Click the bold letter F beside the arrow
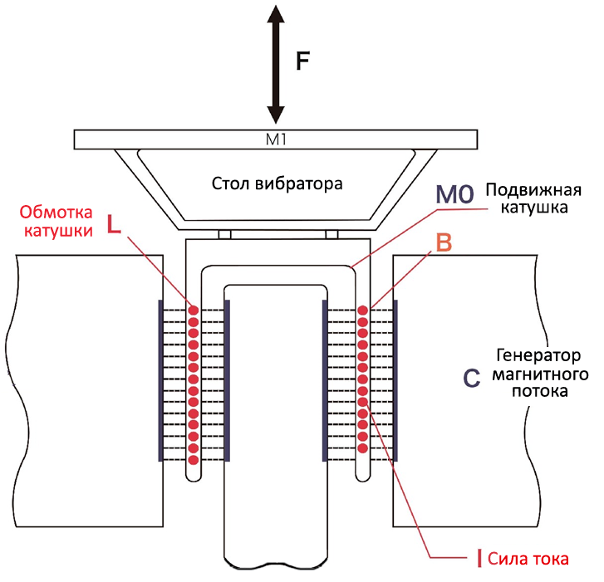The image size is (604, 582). [304, 61]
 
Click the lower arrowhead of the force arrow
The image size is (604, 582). [276, 114]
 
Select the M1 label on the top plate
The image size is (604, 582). [276, 139]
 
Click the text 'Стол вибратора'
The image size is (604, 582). [277, 183]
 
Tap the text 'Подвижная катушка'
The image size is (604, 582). [527, 198]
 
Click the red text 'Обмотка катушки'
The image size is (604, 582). [56, 222]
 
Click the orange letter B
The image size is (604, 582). [444, 243]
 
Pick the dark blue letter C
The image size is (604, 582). [471, 378]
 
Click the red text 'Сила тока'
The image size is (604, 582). [528, 558]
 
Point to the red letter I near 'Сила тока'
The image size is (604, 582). [479, 558]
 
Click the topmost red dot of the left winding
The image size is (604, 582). [194, 311]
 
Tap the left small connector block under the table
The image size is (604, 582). [224, 234]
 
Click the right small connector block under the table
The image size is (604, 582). [331, 234]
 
